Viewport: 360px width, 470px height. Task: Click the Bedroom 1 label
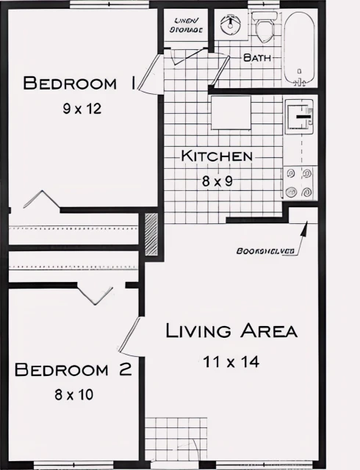(x=79, y=82)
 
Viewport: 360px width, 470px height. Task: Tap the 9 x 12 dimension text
(x=81, y=109)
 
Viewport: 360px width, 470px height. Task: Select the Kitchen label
(x=217, y=156)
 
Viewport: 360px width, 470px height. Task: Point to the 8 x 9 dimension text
(x=217, y=180)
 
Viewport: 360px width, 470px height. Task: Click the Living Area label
(x=231, y=331)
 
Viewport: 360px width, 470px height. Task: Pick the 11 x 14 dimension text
(x=231, y=361)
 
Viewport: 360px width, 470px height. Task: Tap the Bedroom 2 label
(x=73, y=369)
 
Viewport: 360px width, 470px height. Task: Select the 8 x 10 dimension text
(x=73, y=394)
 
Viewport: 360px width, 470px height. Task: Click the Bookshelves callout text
(x=265, y=251)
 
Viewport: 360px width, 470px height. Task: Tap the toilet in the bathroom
(x=264, y=29)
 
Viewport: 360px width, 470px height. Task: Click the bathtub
(x=300, y=48)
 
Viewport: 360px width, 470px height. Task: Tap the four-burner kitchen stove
(x=300, y=183)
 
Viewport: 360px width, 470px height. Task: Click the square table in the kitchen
(x=232, y=112)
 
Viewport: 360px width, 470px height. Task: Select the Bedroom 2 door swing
(x=130, y=334)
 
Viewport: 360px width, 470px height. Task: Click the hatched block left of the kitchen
(x=151, y=234)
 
